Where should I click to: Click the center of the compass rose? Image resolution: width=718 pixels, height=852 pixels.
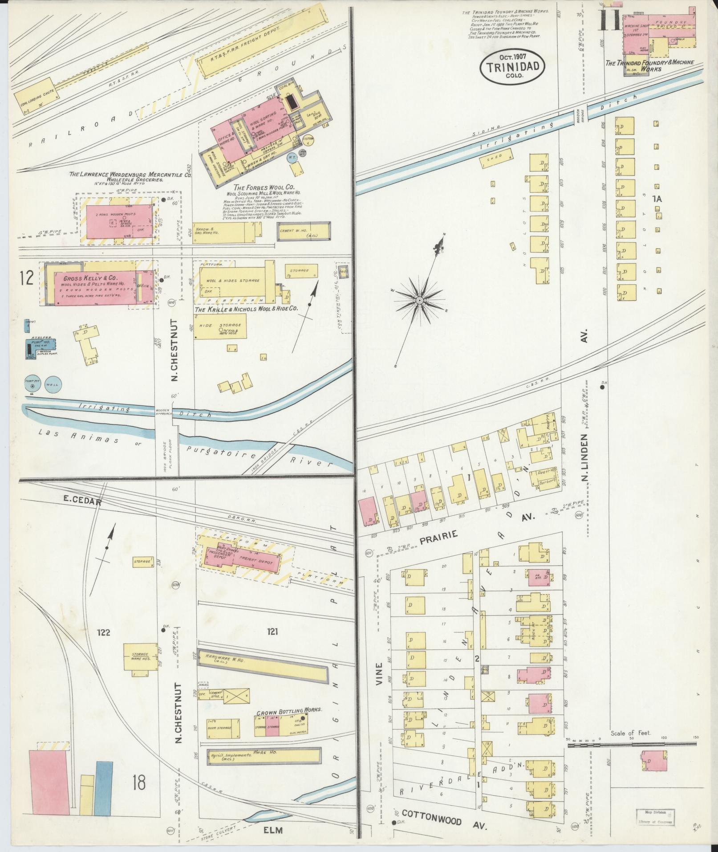click(x=419, y=301)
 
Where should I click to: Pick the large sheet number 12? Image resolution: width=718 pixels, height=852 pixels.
click(x=27, y=278)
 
